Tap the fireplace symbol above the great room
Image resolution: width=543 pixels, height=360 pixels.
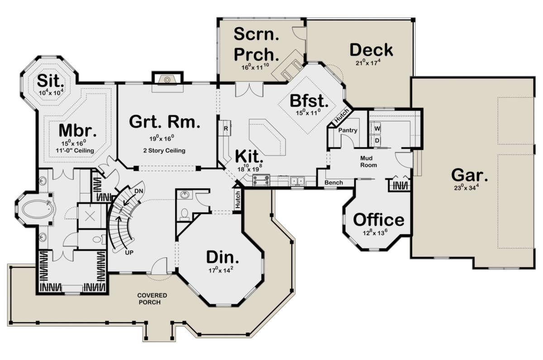[x=167, y=80]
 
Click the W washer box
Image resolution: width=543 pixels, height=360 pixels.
[x=377, y=128]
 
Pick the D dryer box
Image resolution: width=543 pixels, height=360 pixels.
[x=377, y=141]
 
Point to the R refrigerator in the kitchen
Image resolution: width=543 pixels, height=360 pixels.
[x=226, y=128]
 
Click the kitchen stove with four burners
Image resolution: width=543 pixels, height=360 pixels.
[x=261, y=180]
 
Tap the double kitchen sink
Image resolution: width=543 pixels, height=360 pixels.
[x=297, y=181]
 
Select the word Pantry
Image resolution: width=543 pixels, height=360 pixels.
[x=348, y=130]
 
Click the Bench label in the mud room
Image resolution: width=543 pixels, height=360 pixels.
[x=333, y=182]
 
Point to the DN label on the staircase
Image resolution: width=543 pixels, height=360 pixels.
[x=138, y=191]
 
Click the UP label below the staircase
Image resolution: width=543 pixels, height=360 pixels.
[x=129, y=253]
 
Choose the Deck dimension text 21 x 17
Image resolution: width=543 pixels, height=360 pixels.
[x=368, y=62]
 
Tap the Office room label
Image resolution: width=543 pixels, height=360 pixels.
[x=379, y=220]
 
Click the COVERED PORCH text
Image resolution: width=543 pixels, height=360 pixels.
[x=152, y=298]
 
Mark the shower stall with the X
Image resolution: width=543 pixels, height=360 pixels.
[x=90, y=216]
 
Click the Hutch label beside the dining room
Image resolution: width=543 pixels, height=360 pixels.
[x=238, y=199]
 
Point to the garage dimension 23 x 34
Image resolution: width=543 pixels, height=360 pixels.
[x=467, y=187]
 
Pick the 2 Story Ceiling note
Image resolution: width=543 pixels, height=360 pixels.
[x=164, y=151]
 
